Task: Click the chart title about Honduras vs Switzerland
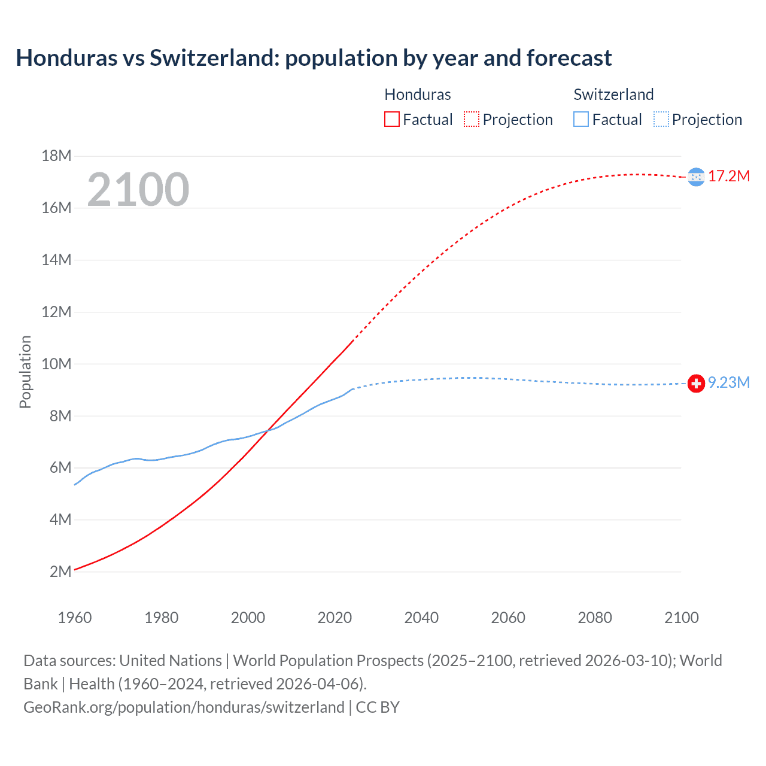pos(314,58)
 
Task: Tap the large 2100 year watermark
pos(138,190)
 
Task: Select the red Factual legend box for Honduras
pos(391,120)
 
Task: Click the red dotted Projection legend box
pos(472,120)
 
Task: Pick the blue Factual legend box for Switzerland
pos(581,120)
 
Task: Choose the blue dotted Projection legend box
pos(661,120)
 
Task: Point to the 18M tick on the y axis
pos(56,156)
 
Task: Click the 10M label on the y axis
pos(56,364)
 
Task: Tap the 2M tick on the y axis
pos(60,572)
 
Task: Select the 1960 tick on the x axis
pos(75,618)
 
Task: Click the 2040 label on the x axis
pos(421,618)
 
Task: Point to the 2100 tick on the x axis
pos(681,618)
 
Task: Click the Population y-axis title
pos(25,372)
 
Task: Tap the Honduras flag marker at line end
pos(696,177)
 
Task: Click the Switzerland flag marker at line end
pos(696,383)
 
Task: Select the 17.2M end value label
pos(729,177)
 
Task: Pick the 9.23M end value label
pos(729,383)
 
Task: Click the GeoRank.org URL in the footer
pos(184,707)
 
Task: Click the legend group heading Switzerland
pos(613,95)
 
